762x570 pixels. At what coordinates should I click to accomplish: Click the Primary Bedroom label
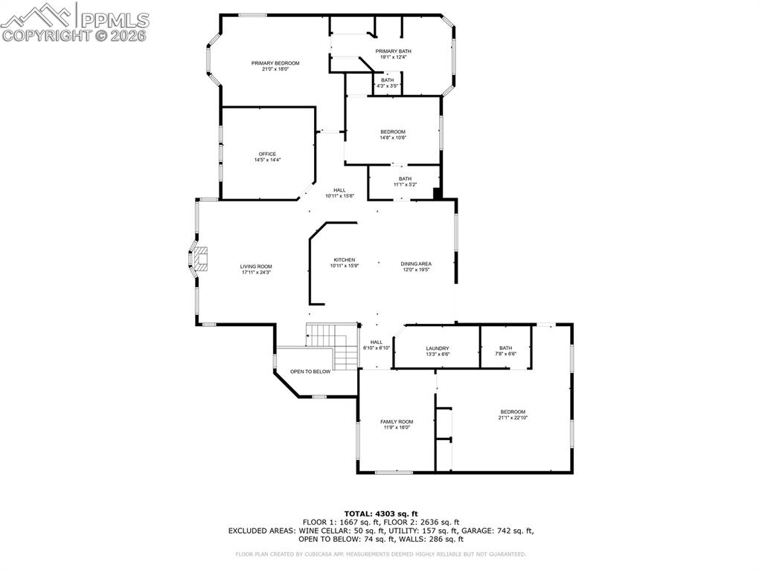click(275, 63)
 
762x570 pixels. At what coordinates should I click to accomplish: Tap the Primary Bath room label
click(393, 51)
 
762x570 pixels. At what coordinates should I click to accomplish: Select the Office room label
click(267, 154)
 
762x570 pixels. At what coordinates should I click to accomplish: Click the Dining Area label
click(416, 264)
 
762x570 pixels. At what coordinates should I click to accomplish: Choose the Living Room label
click(256, 266)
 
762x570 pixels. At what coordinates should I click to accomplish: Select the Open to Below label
click(310, 372)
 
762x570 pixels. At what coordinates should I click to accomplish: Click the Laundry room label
click(437, 349)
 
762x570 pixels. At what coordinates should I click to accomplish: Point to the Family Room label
click(397, 421)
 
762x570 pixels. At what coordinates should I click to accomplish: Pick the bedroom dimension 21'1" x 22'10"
click(512, 418)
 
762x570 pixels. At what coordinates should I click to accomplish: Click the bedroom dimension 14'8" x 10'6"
click(393, 137)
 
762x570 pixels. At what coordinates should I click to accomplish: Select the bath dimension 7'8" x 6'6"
click(506, 354)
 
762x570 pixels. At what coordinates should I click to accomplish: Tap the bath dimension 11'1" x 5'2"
click(405, 184)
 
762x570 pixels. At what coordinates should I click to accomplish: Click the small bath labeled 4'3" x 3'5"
click(388, 82)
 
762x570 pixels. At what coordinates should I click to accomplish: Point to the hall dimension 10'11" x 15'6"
click(339, 195)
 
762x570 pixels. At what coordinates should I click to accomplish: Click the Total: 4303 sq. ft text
click(380, 514)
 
